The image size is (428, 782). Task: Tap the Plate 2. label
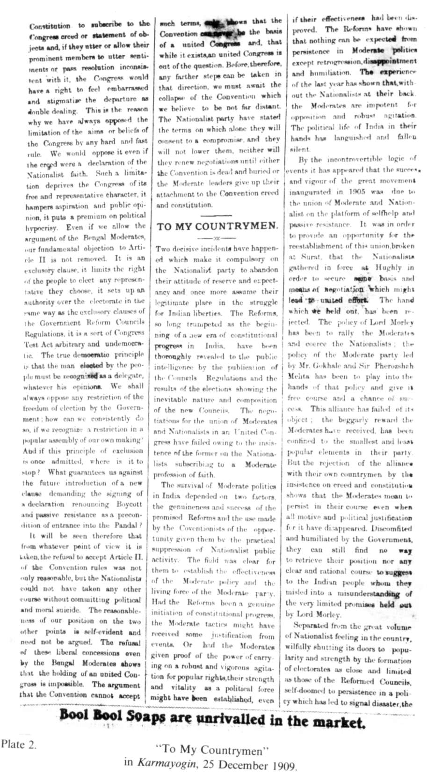[x=19, y=744]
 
